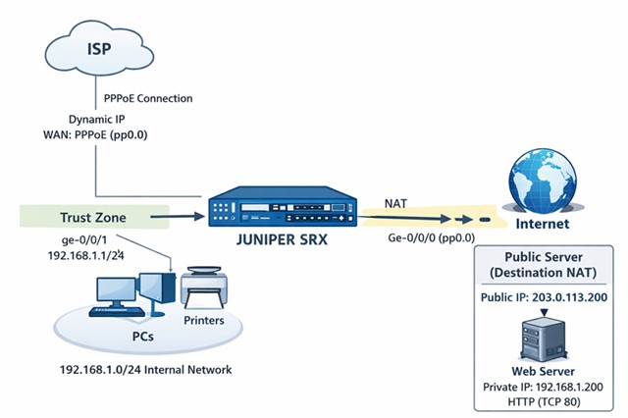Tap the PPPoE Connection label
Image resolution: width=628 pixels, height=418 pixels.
coord(148,99)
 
